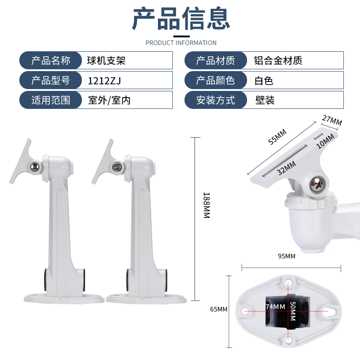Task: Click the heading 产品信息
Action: (x=181, y=18)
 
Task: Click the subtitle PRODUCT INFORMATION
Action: (x=181, y=43)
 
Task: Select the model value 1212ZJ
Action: (x=104, y=81)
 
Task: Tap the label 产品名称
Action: (x=51, y=61)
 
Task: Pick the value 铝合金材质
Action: (x=278, y=61)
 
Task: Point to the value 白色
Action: (x=264, y=81)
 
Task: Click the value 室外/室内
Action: (x=109, y=100)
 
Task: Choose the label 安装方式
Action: (x=216, y=100)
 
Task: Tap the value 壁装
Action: (x=265, y=100)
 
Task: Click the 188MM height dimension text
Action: (x=207, y=205)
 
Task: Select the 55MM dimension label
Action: (x=277, y=137)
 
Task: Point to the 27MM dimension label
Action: (x=332, y=120)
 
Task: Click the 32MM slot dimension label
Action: (x=286, y=168)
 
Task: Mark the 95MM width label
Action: (x=287, y=256)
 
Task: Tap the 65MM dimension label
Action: (x=219, y=309)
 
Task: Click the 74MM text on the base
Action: (x=275, y=307)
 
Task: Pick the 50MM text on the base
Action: (x=293, y=311)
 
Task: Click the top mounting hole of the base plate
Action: (x=288, y=282)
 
